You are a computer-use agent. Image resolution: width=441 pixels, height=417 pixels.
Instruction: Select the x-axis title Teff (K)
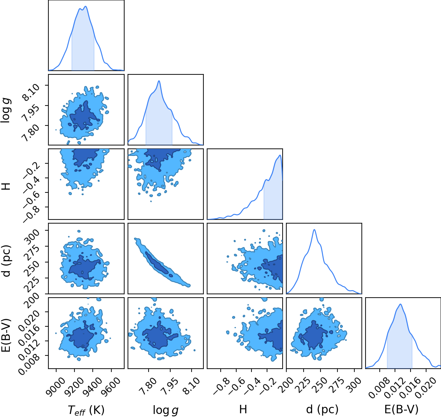click(86, 410)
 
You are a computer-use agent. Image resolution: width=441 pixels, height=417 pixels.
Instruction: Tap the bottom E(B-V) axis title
click(401, 409)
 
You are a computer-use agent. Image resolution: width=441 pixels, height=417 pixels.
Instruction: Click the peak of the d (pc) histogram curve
click(314, 230)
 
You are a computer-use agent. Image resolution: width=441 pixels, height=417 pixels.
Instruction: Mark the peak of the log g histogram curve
click(159, 81)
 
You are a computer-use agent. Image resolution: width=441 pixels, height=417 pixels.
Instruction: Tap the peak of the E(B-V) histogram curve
click(400, 304)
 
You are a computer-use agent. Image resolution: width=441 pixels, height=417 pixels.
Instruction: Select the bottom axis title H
click(243, 409)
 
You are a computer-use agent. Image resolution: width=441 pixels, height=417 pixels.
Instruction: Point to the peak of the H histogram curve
click(280, 155)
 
